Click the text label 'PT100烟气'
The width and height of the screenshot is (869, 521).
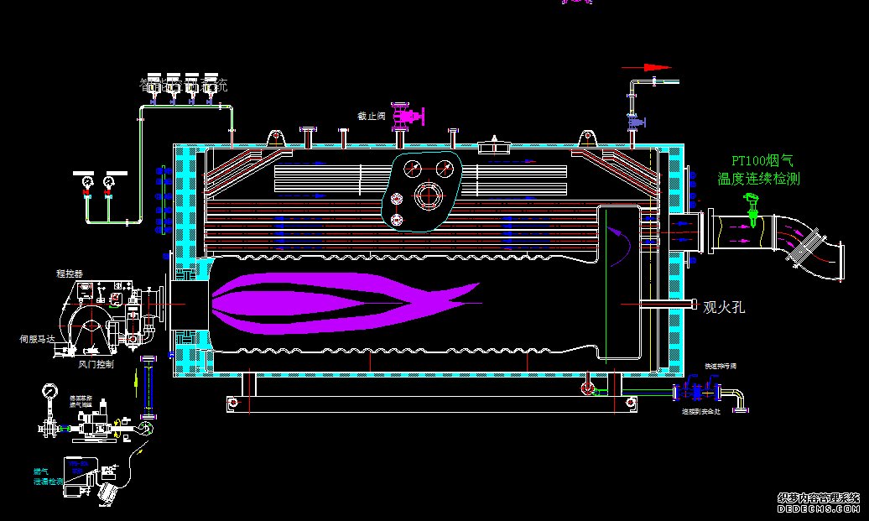coord(761,160)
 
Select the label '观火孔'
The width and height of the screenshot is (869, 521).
coord(723,308)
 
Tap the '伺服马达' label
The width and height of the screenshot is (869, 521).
coord(37,339)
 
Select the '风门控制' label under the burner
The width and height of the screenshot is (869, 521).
coord(95,365)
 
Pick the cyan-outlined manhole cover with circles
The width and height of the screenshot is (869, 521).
coord(424,190)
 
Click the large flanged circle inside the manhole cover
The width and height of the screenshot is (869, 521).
coord(429,196)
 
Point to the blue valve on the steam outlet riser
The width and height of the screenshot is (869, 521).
coord(635,122)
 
